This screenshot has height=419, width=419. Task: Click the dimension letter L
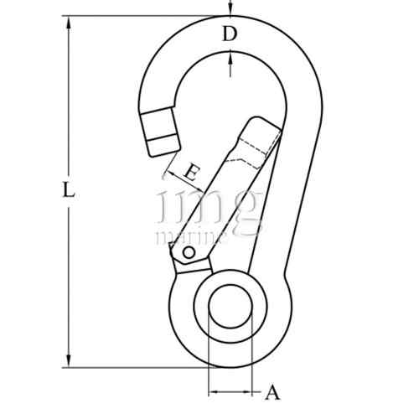(70, 190)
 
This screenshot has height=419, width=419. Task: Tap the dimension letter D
(229, 34)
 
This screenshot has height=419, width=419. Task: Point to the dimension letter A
(272, 391)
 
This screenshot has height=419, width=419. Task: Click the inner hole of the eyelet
(230, 308)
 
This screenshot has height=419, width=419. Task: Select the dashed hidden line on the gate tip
(251, 156)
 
